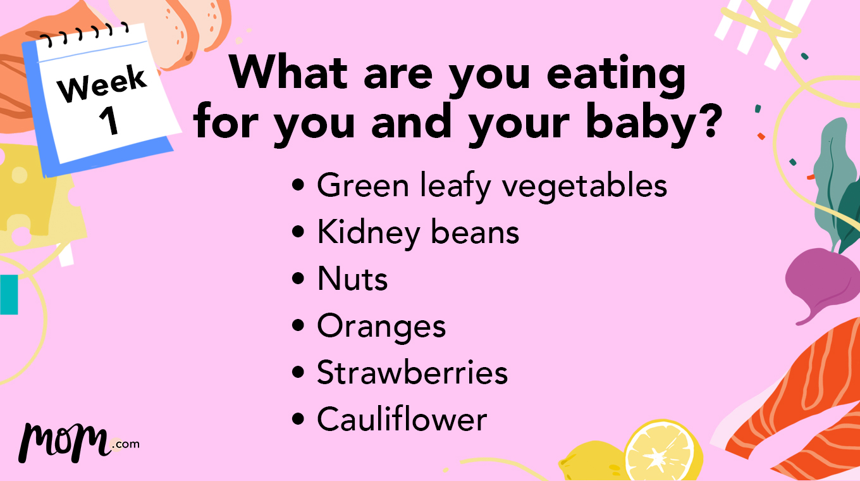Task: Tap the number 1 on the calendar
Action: point(109,121)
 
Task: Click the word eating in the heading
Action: point(616,73)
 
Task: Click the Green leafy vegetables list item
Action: point(491,186)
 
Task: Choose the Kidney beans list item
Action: point(417,233)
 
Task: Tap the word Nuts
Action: point(352,279)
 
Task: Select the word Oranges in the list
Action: point(381,327)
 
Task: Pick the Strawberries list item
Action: point(412,373)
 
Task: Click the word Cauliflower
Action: point(402,420)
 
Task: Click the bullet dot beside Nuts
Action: point(298,280)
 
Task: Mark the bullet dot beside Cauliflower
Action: point(298,420)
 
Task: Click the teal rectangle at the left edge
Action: point(8,294)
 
